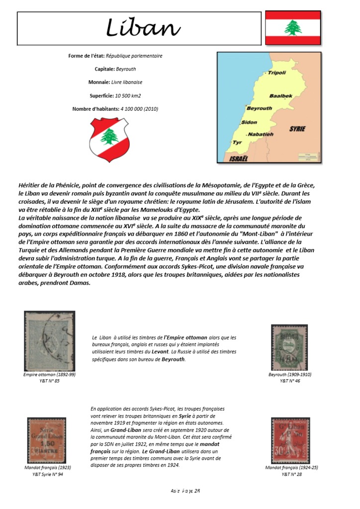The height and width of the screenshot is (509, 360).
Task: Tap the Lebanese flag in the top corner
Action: pos(292,28)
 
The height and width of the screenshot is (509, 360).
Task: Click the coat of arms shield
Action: pos(109,140)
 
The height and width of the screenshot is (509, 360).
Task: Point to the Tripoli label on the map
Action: pos(276,73)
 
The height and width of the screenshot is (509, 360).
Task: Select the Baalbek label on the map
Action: pos(280,95)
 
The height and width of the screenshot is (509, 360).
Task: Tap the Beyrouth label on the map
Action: pos(259,108)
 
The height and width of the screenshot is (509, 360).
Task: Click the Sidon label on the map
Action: pos(249,122)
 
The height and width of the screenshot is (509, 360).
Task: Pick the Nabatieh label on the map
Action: pos(260,134)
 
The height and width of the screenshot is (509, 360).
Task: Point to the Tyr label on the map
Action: pos(237,142)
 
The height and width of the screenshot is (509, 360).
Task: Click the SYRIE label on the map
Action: pos(297,129)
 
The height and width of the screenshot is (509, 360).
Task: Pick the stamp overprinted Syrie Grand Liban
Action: pos(46,440)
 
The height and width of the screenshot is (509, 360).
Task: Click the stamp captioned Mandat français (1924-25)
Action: pos(290,440)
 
